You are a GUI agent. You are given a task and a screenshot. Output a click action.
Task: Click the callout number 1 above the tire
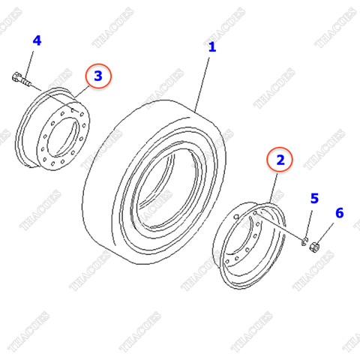tap(212, 46)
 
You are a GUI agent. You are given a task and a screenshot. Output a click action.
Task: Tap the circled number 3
tap(98, 76)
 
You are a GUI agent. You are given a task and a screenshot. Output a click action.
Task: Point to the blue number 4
tap(37, 40)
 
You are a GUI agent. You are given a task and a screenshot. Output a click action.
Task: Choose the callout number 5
tap(315, 199)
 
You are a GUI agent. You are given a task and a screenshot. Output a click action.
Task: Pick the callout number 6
tap(339, 214)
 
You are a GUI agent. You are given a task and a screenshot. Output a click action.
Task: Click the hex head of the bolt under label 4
tap(16, 75)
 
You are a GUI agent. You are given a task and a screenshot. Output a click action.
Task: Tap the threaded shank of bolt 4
tap(28, 80)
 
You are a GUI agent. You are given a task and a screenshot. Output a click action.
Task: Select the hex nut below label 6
tap(315, 246)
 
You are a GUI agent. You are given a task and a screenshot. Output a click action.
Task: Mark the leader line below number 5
tap(310, 222)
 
